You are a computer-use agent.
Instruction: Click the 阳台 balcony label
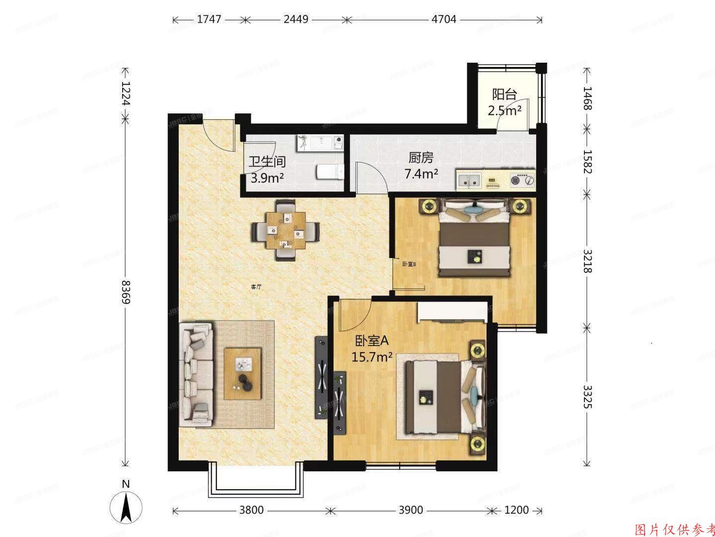click(x=504, y=94)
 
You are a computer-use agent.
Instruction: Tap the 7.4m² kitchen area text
click(x=421, y=174)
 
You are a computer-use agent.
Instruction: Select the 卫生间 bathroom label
click(x=267, y=162)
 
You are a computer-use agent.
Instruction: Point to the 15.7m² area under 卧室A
click(x=372, y=357)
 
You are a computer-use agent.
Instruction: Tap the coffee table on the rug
click(x=242, y=373)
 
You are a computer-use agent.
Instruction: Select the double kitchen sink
click(x=469, y=179)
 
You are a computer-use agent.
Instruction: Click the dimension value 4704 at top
click(x=444, y=19)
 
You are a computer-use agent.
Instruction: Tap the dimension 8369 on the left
click(x=126, y=292)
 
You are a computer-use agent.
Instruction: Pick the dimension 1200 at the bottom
click(x=516, y=510)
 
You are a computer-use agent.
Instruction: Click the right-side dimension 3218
click(x=587, y=260)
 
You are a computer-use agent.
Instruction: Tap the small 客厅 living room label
click(x=256, y=287)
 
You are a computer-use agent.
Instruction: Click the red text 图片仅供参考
click(x=675, y=529)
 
